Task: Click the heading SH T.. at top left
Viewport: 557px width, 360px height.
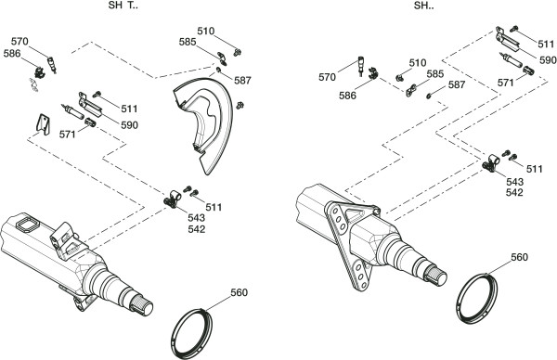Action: point(123,6)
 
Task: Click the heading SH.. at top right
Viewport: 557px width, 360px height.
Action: point(424,6)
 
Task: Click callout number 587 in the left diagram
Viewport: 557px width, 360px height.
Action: point(242,81)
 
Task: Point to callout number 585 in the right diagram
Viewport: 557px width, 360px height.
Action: point(435,74)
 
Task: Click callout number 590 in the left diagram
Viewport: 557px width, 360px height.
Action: point(129,125)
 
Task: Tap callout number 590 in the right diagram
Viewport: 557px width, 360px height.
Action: point(548,60)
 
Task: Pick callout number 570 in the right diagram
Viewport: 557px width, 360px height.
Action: point(327,77)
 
